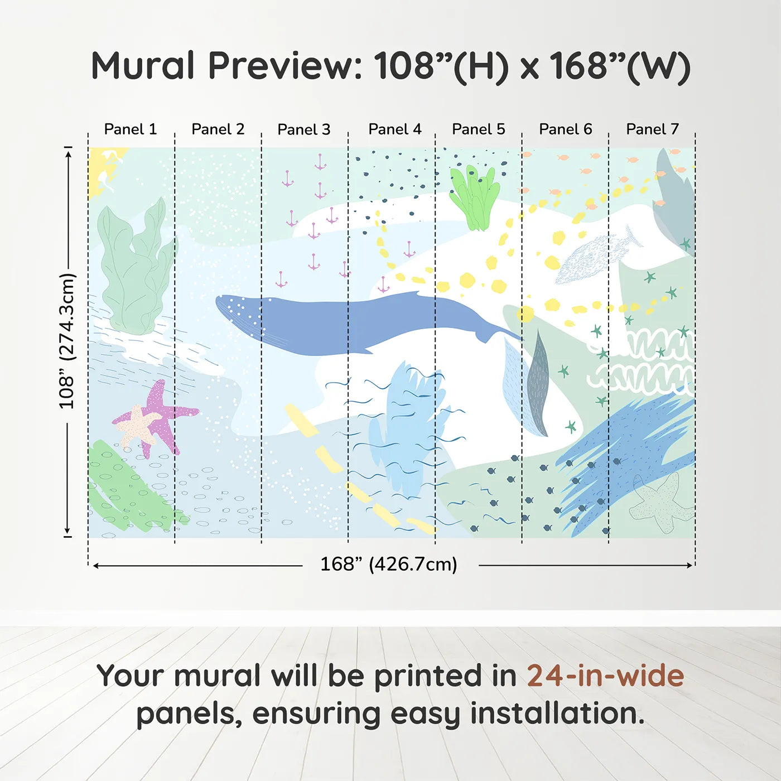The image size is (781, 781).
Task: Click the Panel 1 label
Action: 131,129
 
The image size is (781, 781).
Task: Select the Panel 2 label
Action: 218,129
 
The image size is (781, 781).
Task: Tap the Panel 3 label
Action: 304,129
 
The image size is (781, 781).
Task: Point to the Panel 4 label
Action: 394,129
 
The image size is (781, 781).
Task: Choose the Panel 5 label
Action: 478,129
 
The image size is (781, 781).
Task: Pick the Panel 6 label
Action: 565,129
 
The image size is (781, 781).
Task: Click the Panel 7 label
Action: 652,129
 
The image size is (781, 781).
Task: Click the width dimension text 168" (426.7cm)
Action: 388,565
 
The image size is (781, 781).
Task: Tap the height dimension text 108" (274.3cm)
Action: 67,341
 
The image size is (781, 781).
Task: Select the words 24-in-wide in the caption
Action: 605,676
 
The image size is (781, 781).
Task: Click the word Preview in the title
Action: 285,66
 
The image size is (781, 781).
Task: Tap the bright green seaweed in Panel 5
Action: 475,198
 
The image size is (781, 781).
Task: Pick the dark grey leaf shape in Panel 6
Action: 538,385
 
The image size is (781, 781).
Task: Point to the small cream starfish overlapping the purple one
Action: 138,425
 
